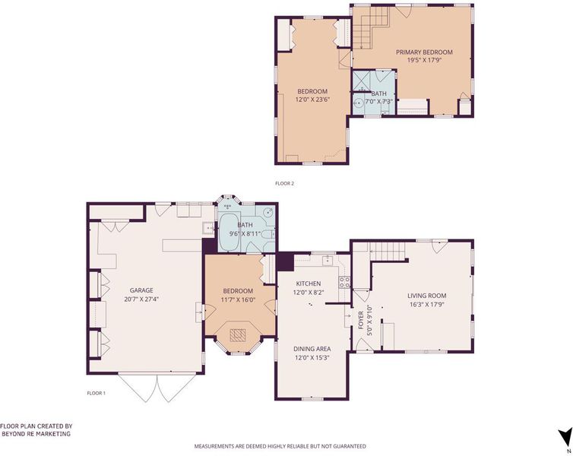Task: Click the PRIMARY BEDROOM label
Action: pyautogui.click(x=424, y=52)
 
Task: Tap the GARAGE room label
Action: pyautogui.click(x=141, y=290)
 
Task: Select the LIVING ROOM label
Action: pyautogui.click(x=427, y=296)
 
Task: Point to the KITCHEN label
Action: pyautogui.click(x=309, y=283)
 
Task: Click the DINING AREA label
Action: pyautogui.click(x=312, y=349)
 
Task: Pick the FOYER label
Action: pyautogui.click(x=361, y=320)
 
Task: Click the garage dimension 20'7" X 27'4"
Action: pyautogui.click(x=141, y=299)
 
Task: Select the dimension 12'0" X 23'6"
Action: pyautogui.click(x=312, y=100)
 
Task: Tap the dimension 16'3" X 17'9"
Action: pyautogui.click(x=427, y=304)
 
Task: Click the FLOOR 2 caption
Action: pyautogui.click(x=285, y=183)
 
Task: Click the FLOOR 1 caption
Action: pyautogui.click(x=96, y=393)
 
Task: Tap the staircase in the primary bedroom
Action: pyautogui.click(x=371, y=27)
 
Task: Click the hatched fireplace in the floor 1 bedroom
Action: pyautogui.click(x=238, y=335)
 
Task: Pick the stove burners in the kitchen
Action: pyautogui.click(x=344, y=283)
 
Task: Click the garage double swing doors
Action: pyautogui.click(x=157, y=388)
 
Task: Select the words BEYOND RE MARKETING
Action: pyautogui.click(x=36, y=434)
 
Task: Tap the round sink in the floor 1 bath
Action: pyautogui.click(x=269, y=212)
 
